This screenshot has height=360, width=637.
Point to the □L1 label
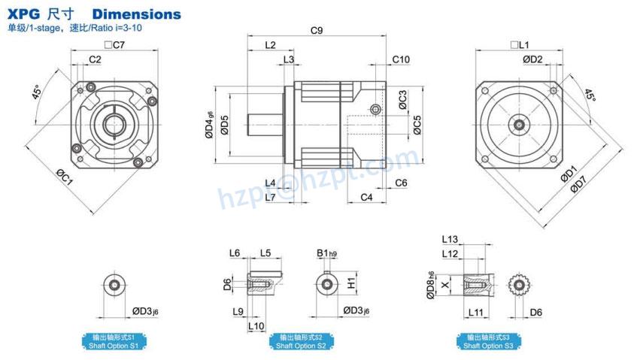(520, 45)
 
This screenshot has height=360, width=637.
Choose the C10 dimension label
(401, 59)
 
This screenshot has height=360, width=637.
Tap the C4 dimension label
(366, 197)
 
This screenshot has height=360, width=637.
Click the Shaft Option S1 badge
(113, 341)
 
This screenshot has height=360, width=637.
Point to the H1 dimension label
(351, 283)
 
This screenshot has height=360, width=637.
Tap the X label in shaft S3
(447, 286)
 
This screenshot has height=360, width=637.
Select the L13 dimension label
(450, 239)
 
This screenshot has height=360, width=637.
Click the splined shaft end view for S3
(518, 285)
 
